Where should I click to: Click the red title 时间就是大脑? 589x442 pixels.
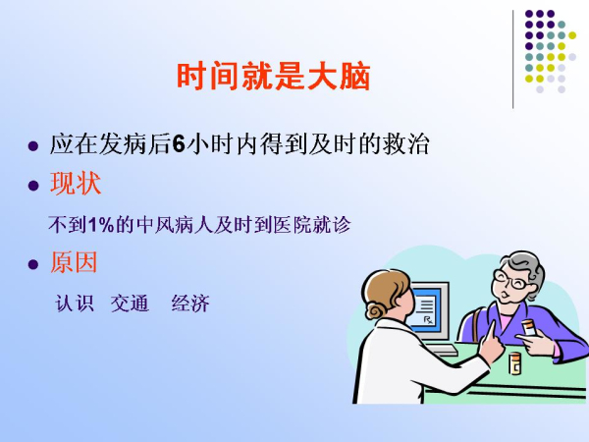coord(274,77)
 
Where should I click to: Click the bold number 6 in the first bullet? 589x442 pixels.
coord(179,144)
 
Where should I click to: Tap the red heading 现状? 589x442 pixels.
coord(76,184)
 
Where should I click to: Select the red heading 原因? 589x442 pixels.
coord(74,262)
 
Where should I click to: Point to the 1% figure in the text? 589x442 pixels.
coord(101,225)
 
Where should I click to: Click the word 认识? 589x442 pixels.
coord(75,303)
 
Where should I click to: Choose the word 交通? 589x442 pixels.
coord(130,303)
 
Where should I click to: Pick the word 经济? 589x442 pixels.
coord(190,303)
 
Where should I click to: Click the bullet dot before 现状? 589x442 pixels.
coord(33,186)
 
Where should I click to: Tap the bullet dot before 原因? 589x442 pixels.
coord(33,264)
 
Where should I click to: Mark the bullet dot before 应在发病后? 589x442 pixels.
coord(33,145)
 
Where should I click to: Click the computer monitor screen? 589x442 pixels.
coord(427,308)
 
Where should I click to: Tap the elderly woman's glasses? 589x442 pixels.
coord(511,280)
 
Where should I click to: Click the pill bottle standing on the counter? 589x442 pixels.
coord(514,363)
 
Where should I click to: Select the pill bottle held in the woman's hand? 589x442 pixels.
coord(529,327)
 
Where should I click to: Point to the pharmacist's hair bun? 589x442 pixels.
coord(376,310)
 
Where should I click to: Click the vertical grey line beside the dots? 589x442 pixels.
coord(512,59)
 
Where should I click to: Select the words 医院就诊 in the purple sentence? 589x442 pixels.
coord(312,225)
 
